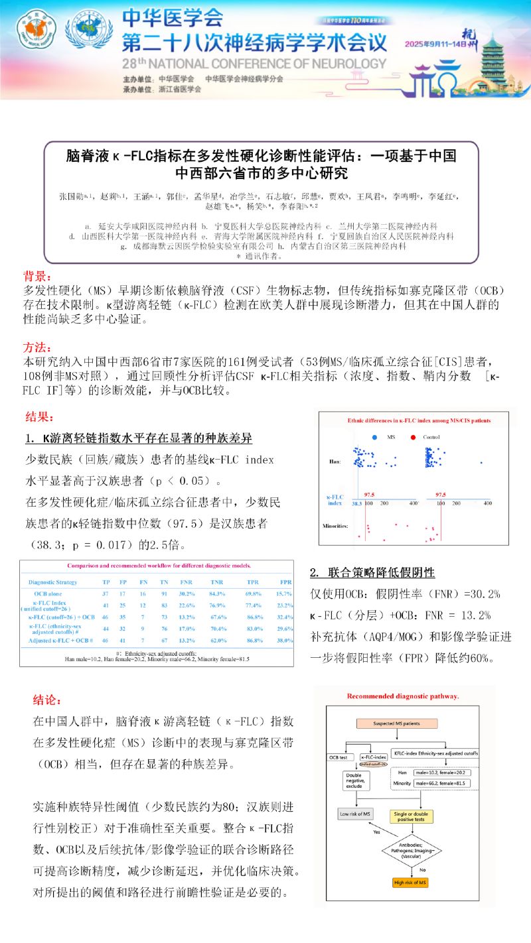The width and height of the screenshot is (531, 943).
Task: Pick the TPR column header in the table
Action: tap(253, 582)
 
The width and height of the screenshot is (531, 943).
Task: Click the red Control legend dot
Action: tap(413, 438)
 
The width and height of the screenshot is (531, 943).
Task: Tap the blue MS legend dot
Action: tap(375, 438)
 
